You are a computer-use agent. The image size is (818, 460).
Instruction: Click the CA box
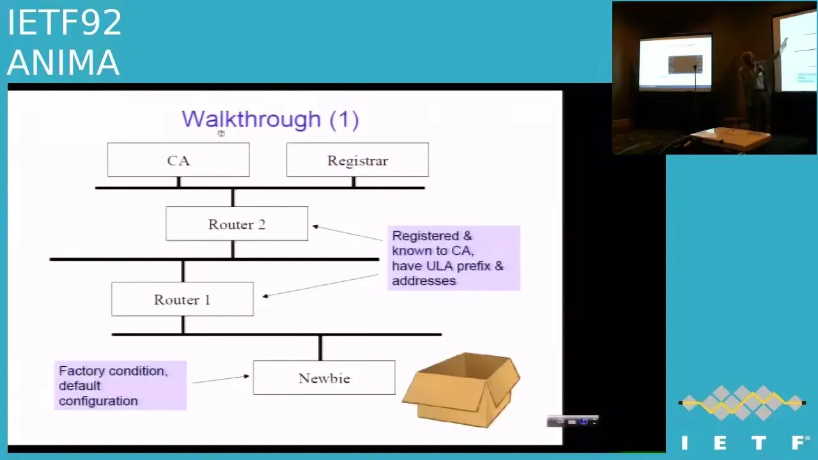pyautogui.click(x=178, y=160)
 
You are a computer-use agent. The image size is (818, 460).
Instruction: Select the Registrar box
pyautogui.click(x=357, y=160)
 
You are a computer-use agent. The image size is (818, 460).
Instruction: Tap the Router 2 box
pyautogui.click(x=236, y=224)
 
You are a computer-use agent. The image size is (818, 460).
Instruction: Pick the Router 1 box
pyautogui.click(x=182, y=299)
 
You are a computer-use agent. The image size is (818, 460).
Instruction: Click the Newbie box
pyautogui.click(x=324, y=378)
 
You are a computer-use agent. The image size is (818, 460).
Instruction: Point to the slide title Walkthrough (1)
pyautogui.click(x=270, y=119)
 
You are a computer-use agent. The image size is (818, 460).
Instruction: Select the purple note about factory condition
pyautogui.click(x=120, y=385)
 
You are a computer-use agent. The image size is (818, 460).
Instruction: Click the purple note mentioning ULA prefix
pyautogui.click(x=453, y=257)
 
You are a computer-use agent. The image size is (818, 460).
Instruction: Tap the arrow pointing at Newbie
pyautogui.click(x=220, y=379)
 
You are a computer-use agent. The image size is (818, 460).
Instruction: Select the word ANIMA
pyautogui.click(x=63, y=63)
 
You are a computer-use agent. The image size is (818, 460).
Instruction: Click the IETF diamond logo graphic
pyautogui.click(x=742, y=402)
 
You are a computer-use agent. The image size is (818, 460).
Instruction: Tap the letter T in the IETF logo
pyautogui.click(x=759, y=443)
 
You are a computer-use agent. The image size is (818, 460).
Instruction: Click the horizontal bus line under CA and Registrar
pyautogui.click(x=259, y=188)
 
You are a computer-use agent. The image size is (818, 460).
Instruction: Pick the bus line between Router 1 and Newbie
pyautogui.click(x=276, y=334)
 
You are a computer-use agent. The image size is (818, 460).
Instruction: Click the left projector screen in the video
pyautogui.click(x=675, y=62)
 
